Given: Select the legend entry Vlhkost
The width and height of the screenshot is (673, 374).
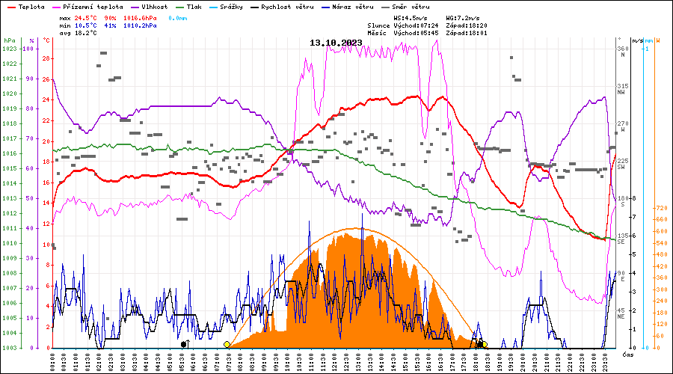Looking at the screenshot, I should (x=154, y=7).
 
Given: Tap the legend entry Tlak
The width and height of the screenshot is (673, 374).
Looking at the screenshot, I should (x=205, y=7).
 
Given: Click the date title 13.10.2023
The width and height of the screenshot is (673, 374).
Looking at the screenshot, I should (x=336, y=43).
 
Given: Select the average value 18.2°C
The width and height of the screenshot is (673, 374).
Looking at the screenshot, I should (x=84, y=33).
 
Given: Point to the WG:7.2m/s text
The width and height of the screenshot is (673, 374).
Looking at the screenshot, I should (x=464, y=16).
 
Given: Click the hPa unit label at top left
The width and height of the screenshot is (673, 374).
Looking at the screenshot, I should (x=9, y=40).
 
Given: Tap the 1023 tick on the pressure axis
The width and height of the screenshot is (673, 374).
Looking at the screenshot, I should (x=9, y=49).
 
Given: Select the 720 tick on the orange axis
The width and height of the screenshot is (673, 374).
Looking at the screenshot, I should (x=661, y=208).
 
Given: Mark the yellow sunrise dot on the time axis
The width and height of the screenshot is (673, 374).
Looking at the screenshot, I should (x=227, y=344).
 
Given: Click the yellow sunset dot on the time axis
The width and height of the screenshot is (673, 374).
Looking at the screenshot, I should (x=485, y=344).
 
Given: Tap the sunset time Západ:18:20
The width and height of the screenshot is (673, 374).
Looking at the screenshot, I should (x=466, y=25).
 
